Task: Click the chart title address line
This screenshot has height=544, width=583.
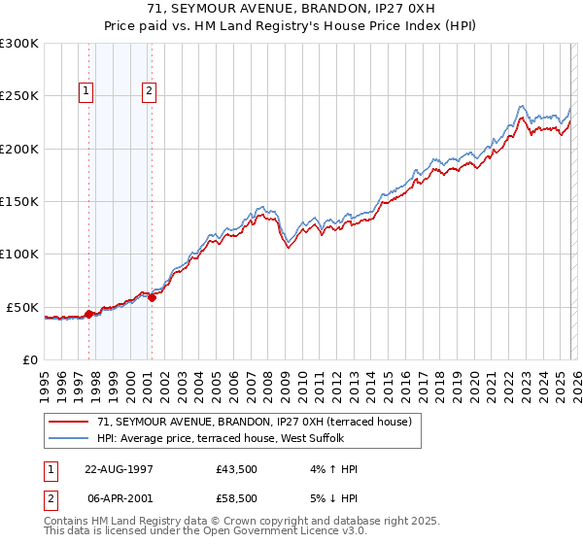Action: point(291,10)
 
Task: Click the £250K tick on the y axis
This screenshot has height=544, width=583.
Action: point(19,96)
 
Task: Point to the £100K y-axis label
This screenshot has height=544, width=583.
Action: point(19,254)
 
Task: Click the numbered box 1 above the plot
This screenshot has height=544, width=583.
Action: point(86,92)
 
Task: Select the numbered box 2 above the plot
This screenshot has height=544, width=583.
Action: point(149,92)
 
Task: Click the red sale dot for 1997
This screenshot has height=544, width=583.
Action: point(89,314)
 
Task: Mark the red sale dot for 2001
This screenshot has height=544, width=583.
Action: point(152,297)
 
